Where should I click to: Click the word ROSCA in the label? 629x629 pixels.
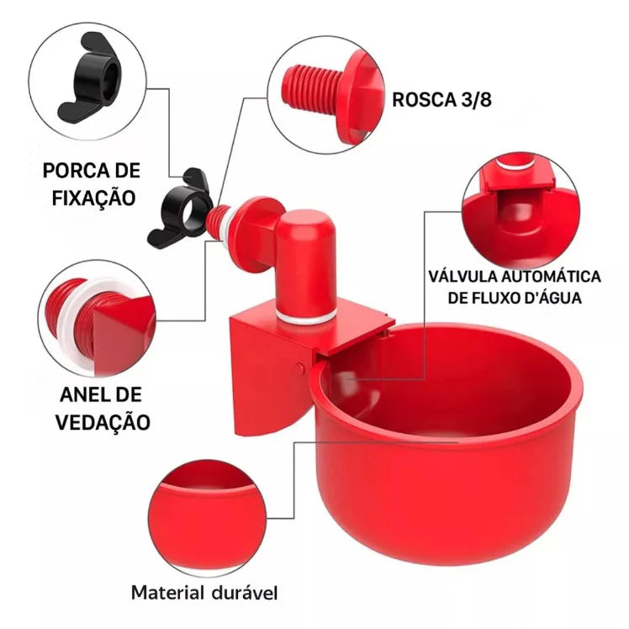[x=425, y=99]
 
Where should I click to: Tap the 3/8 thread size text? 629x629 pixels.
[x=477, y=99]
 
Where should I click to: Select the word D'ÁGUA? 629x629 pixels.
[x=552, y=297]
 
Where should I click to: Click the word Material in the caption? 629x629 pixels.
[x=167, y=593]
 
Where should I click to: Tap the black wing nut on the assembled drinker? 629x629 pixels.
[x=180, y=209]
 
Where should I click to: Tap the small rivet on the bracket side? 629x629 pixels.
[x=300, y=367]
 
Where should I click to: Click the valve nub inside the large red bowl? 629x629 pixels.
[x=343, y=378]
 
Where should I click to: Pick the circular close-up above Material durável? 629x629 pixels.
[x=208, y=518]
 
